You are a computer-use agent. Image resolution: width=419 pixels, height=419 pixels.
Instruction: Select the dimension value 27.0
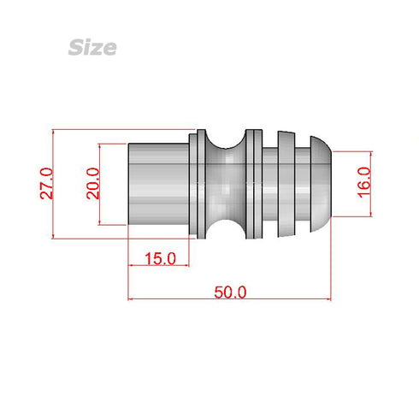[47, 184]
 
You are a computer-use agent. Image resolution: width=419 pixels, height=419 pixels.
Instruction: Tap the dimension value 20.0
[93, 184]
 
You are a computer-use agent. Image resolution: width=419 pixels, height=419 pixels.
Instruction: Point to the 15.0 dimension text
[160, 257]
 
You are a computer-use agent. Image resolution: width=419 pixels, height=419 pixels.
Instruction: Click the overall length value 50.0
[230, 292]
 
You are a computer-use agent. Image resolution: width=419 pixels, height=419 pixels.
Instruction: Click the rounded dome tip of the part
[321, 183]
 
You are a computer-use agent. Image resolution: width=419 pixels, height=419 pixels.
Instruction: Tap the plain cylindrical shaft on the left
[157, 183]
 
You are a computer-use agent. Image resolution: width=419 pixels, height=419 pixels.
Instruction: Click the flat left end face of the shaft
[129, 183]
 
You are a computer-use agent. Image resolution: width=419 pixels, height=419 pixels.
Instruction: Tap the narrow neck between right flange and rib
[269, 183]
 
